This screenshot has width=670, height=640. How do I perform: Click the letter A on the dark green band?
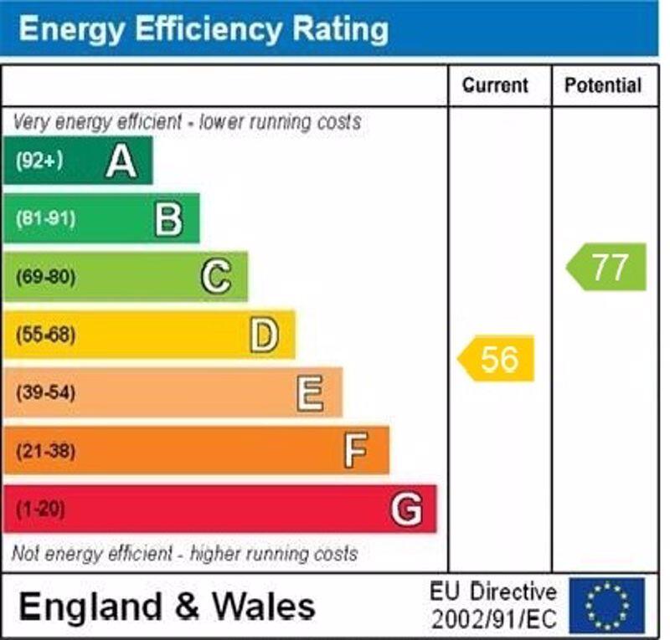pos(121,161)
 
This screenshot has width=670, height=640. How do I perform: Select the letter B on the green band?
pos(168,219)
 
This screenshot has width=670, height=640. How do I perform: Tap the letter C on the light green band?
pos(216,277)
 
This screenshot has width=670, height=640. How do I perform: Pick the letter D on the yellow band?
pos(264,335)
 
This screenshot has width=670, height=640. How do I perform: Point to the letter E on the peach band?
pos(310,392)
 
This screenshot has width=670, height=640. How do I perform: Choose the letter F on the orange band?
pos(356,451)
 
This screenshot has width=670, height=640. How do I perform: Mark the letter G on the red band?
pos(406,509)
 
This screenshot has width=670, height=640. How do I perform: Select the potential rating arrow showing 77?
pos(607,267)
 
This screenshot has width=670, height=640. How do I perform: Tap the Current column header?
pos(496,85)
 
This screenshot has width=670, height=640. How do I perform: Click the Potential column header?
pos(603,85)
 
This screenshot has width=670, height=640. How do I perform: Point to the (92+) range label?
pos(39,161)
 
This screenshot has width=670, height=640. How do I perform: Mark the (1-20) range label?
pos(40,509)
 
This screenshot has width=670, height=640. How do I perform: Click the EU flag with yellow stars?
pos(607,605)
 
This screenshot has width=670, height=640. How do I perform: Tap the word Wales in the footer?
pos(264,605)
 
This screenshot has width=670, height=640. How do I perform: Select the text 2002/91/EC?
pos(493,620)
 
